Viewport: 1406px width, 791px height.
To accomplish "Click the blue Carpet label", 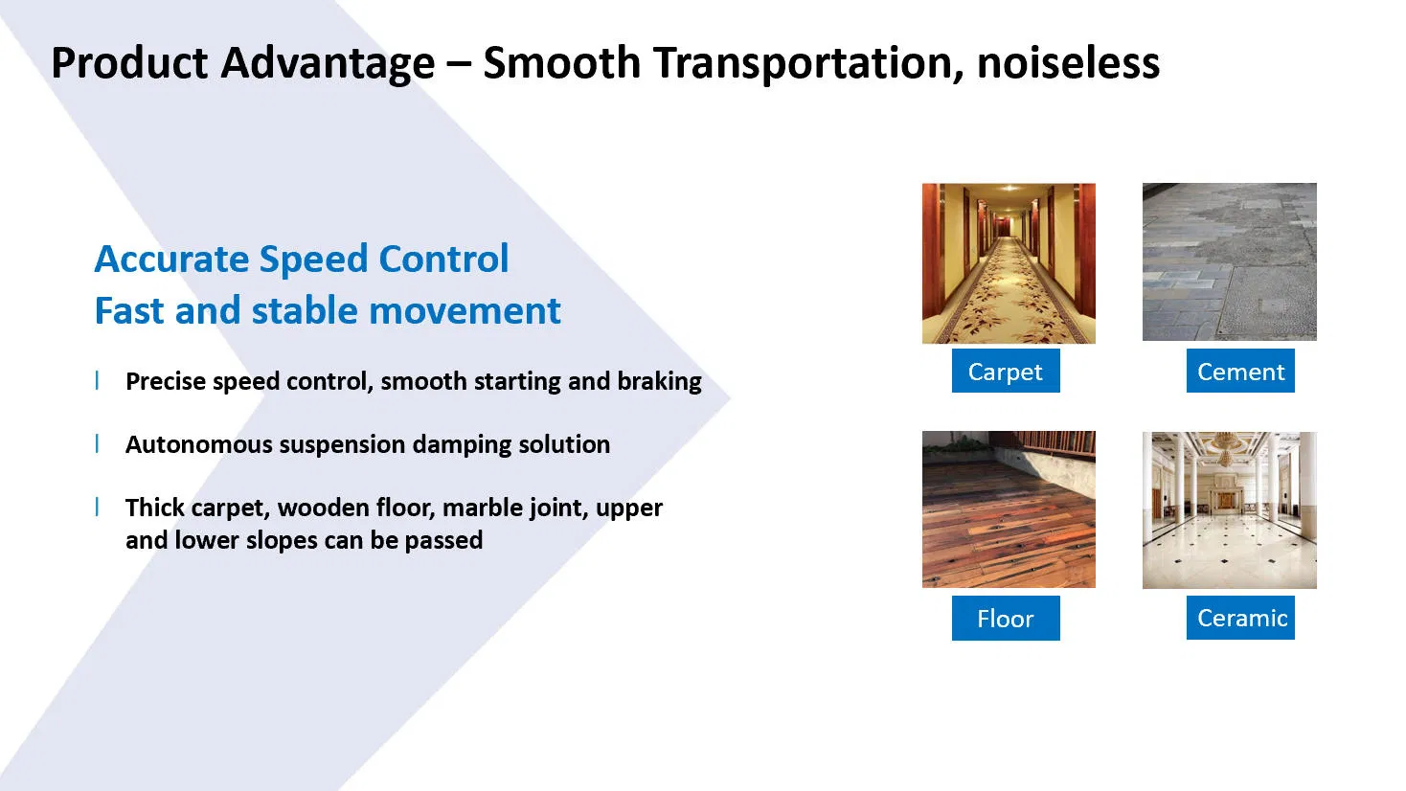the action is [1006, 371].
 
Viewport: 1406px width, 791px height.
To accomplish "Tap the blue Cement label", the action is [1240, 371].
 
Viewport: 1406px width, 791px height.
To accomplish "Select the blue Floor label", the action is [1006, 618].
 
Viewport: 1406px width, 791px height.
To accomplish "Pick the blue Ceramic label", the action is [1240, 618].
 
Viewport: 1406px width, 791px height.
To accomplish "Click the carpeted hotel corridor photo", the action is [1009, 263].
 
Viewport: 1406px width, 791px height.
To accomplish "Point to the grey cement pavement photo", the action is [1230, 261].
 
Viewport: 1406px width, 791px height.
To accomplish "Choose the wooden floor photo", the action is [1009, 509].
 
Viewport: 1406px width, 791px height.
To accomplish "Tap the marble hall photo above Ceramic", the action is [1230, 509].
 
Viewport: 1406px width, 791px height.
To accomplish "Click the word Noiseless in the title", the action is [1068, 63].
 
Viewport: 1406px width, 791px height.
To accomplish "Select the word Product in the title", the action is [129, 63].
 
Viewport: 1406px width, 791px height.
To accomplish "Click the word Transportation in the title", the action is [807, 64].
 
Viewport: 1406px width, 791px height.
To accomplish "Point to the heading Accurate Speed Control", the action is [302, 259].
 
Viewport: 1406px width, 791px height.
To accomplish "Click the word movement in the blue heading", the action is [465, 310].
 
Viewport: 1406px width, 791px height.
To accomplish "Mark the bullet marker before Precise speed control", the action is [97, 380].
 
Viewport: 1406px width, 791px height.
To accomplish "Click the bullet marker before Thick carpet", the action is [97, 507].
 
